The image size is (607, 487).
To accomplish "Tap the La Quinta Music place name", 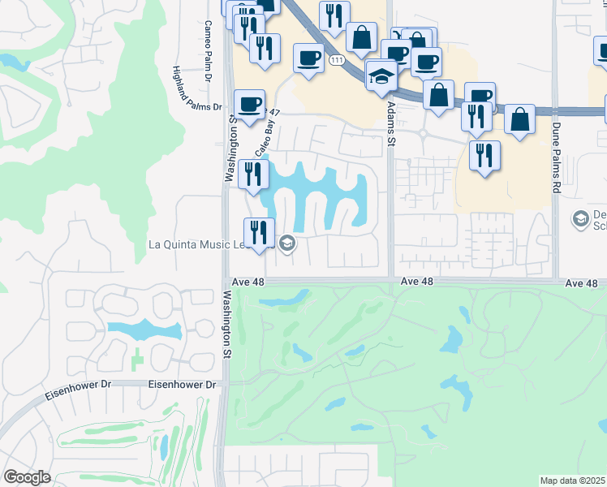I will coord(195,243).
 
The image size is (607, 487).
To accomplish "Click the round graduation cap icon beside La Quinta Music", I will coord(286,243).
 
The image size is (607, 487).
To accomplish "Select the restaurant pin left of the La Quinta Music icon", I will coord(260,232).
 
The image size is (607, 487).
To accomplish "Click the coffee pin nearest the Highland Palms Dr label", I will coord(249,104).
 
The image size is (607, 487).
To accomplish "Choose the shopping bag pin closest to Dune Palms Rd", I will coord(519,119).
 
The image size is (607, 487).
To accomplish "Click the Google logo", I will coord(28,477).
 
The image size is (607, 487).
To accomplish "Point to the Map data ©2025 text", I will coord(572,481).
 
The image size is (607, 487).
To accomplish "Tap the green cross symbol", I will coord(137,356).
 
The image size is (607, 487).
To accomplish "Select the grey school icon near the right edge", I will coord(580,218).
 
